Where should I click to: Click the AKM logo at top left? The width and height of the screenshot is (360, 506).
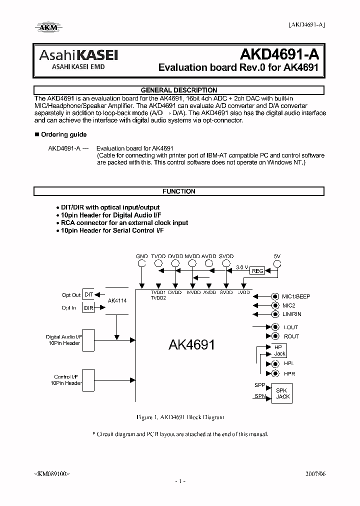click(48, 28)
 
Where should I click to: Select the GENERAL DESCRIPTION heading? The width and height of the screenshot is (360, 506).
click(179, 90)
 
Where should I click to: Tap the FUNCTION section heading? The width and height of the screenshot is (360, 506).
click(179, 191)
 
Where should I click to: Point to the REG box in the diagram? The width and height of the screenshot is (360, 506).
click(257, 270)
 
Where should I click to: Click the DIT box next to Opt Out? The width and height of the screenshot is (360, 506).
click(88, 295)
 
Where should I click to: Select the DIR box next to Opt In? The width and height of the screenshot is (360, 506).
click(88, 308)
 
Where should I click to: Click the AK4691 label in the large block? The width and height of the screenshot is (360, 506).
click(192, 344)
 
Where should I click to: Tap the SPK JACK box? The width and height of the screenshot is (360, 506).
click(283, 393)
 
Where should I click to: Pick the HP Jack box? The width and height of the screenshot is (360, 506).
click(278, 350)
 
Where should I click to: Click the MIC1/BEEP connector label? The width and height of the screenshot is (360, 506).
click(296, 296)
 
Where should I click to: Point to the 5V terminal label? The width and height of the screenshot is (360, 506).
click(277, 256)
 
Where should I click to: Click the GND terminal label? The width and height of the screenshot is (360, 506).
click(142, 256)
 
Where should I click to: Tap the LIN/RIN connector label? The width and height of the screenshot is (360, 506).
click(292, 314)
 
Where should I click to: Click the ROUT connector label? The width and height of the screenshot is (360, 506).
click(291, 336)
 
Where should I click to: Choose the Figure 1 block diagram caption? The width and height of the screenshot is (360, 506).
click(179, 417)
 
